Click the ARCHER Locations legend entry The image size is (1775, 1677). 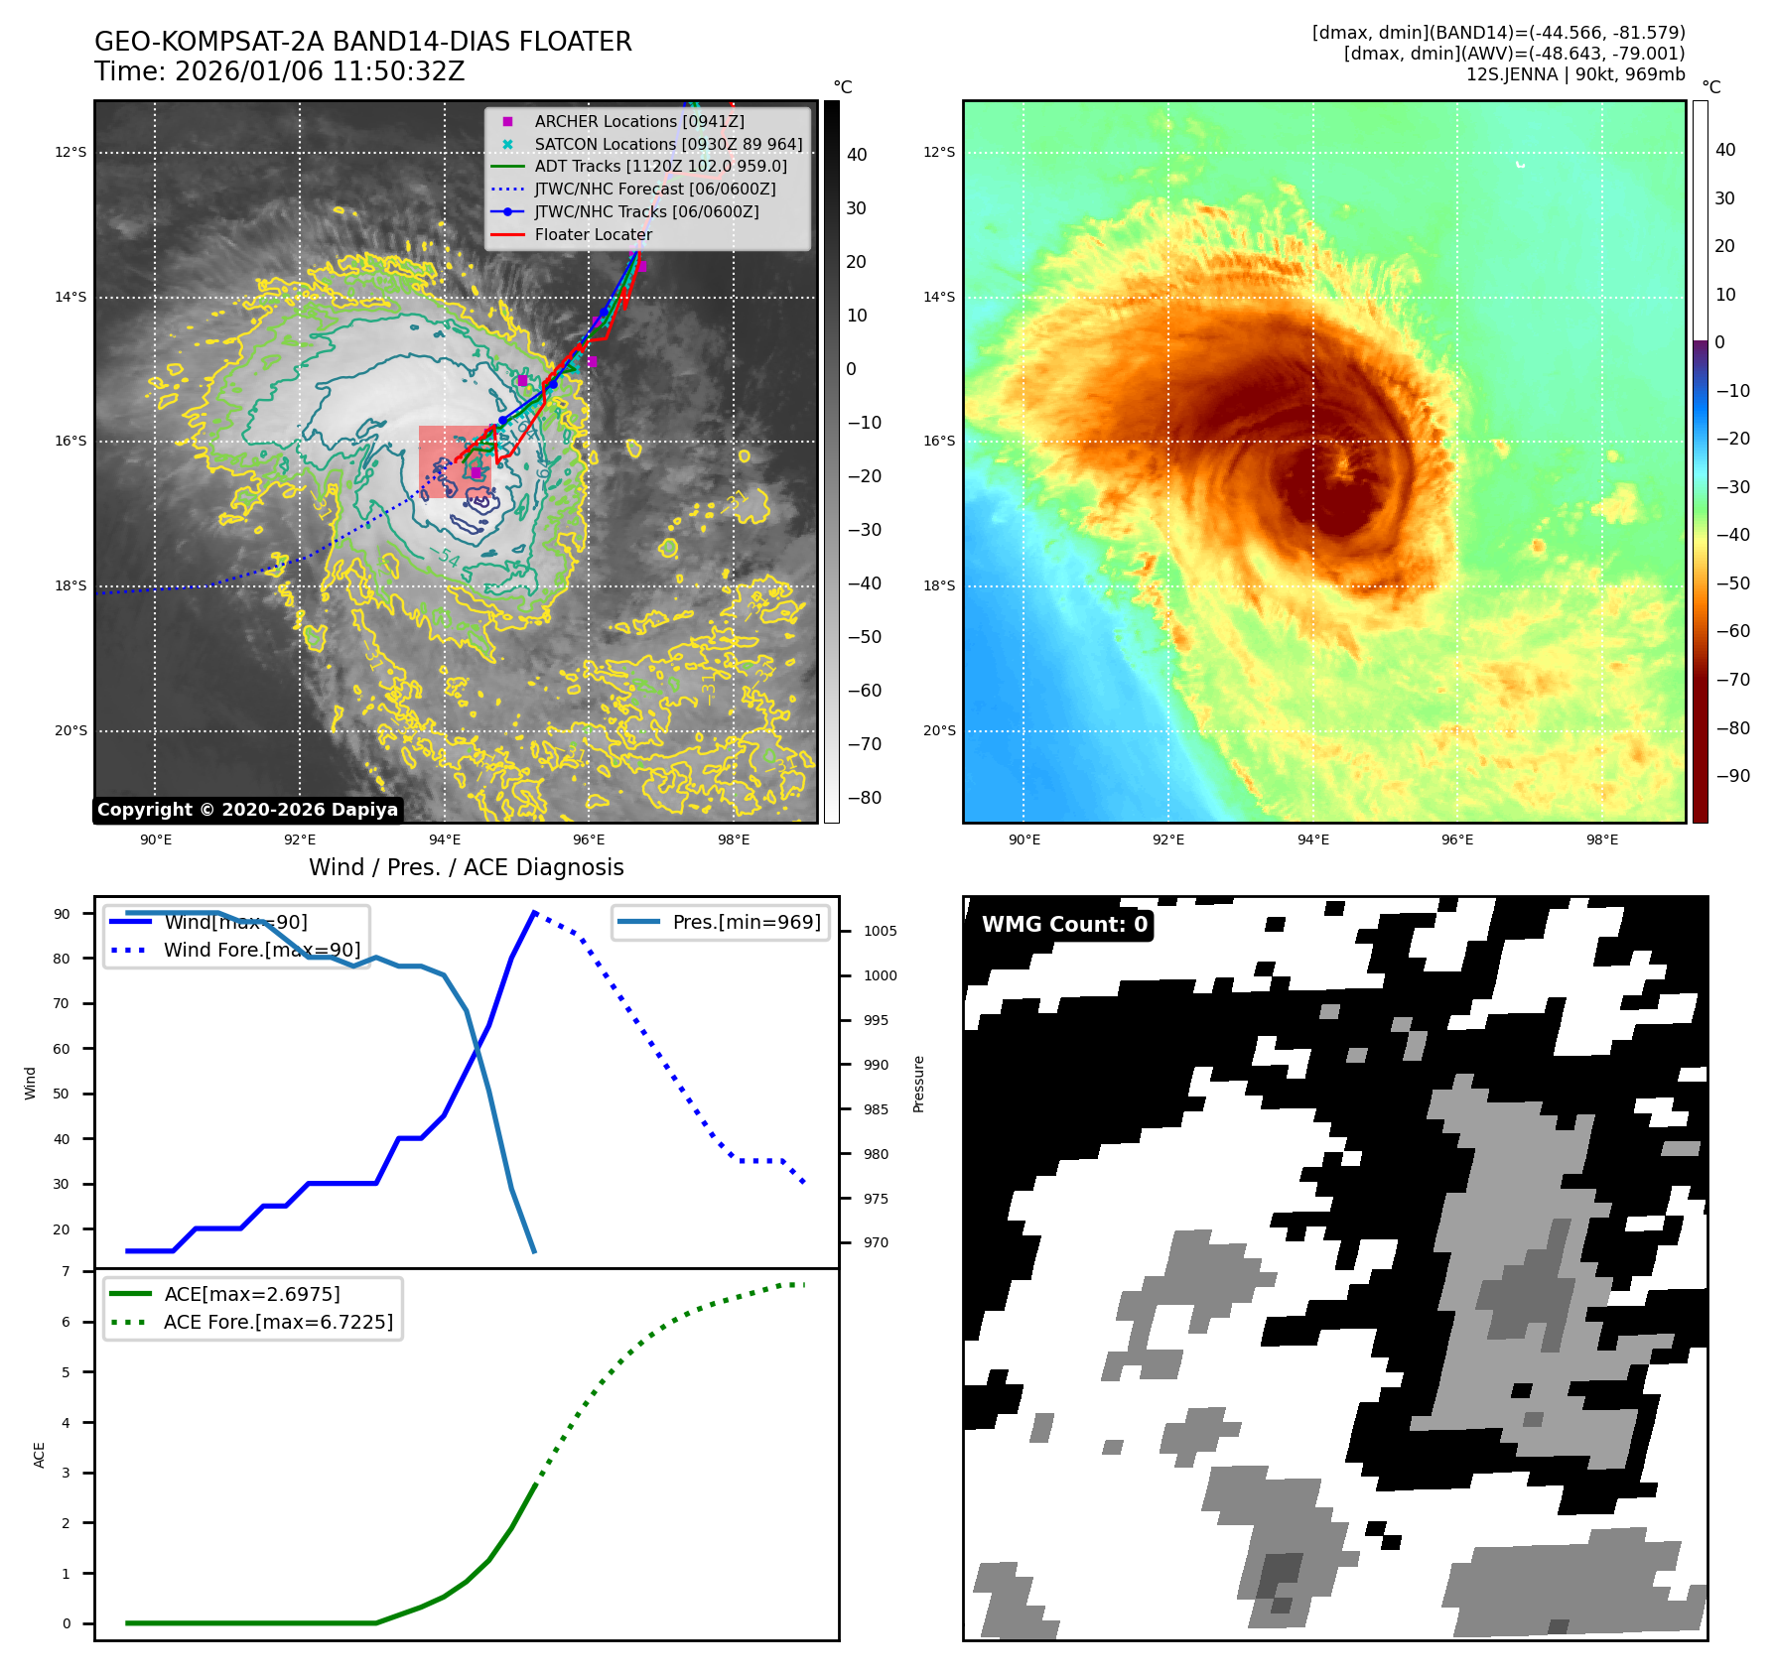[638, 121]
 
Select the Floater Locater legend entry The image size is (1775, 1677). [593, 234]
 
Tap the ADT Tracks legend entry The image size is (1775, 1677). [660, 166]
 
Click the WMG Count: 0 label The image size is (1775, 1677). [1063, 924]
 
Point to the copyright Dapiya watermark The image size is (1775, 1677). [247, 810]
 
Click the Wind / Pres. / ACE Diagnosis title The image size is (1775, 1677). [466, 867]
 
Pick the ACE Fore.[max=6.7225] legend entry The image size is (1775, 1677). [278, 1322]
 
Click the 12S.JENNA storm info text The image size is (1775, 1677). [1574, 74]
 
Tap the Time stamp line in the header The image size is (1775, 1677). [279, 71]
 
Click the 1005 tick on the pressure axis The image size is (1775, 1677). [880, 931]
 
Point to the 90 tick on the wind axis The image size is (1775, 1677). [63, 914]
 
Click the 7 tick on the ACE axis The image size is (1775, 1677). [67, 1271]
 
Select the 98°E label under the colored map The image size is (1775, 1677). [1601, 839]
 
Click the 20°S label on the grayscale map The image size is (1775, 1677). [70, 731]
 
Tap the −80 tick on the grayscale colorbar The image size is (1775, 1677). [864, 798]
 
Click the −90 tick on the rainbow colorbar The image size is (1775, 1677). [1732, 776]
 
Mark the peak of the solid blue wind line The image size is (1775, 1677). [534, 912]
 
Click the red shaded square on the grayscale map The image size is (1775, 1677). [455, 461]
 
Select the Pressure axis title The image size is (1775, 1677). [918, 1084]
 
